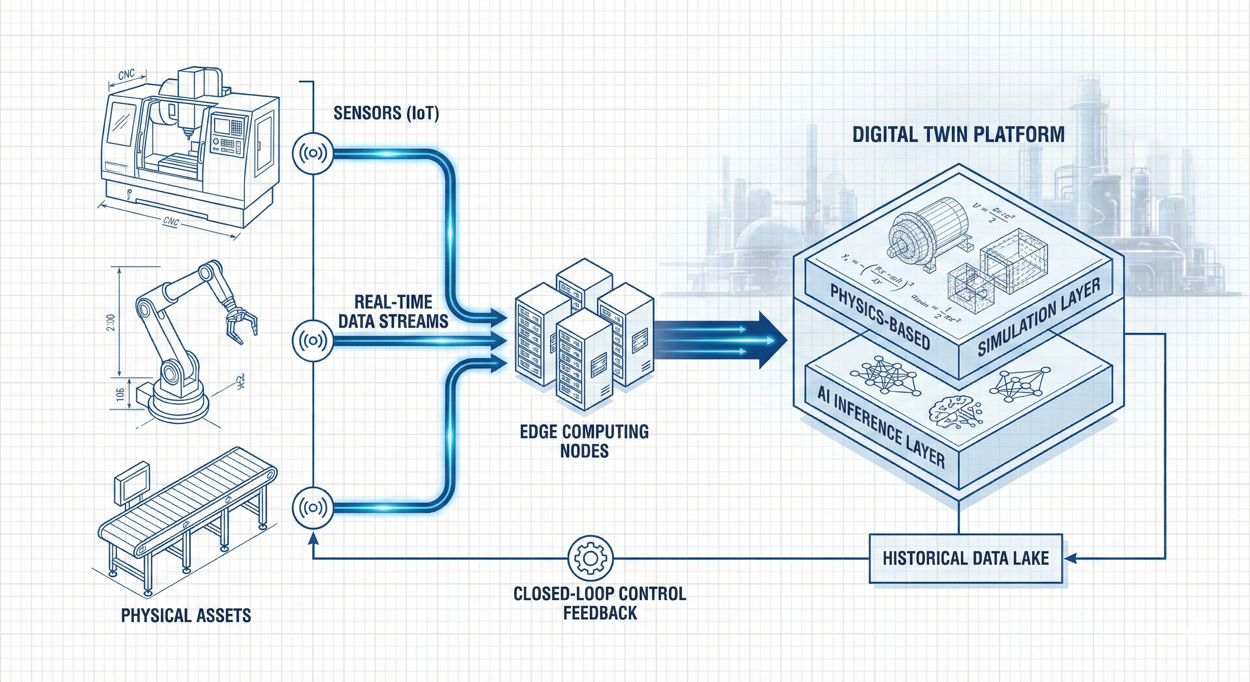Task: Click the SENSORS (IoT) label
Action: pos(386,113)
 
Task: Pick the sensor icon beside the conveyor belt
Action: pos(312,508)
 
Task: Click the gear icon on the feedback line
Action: pos(590,558)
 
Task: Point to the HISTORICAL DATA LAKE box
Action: pos(965,558)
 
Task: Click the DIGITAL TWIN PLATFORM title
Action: pos(958,135)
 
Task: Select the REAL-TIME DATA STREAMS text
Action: pos(393,312)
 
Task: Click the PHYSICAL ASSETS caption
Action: pos(186,615)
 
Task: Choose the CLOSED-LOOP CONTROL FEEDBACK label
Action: pos(600,603)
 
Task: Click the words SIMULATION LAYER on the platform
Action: pos(1038,317)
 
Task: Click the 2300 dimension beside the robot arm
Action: pos(111,323)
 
